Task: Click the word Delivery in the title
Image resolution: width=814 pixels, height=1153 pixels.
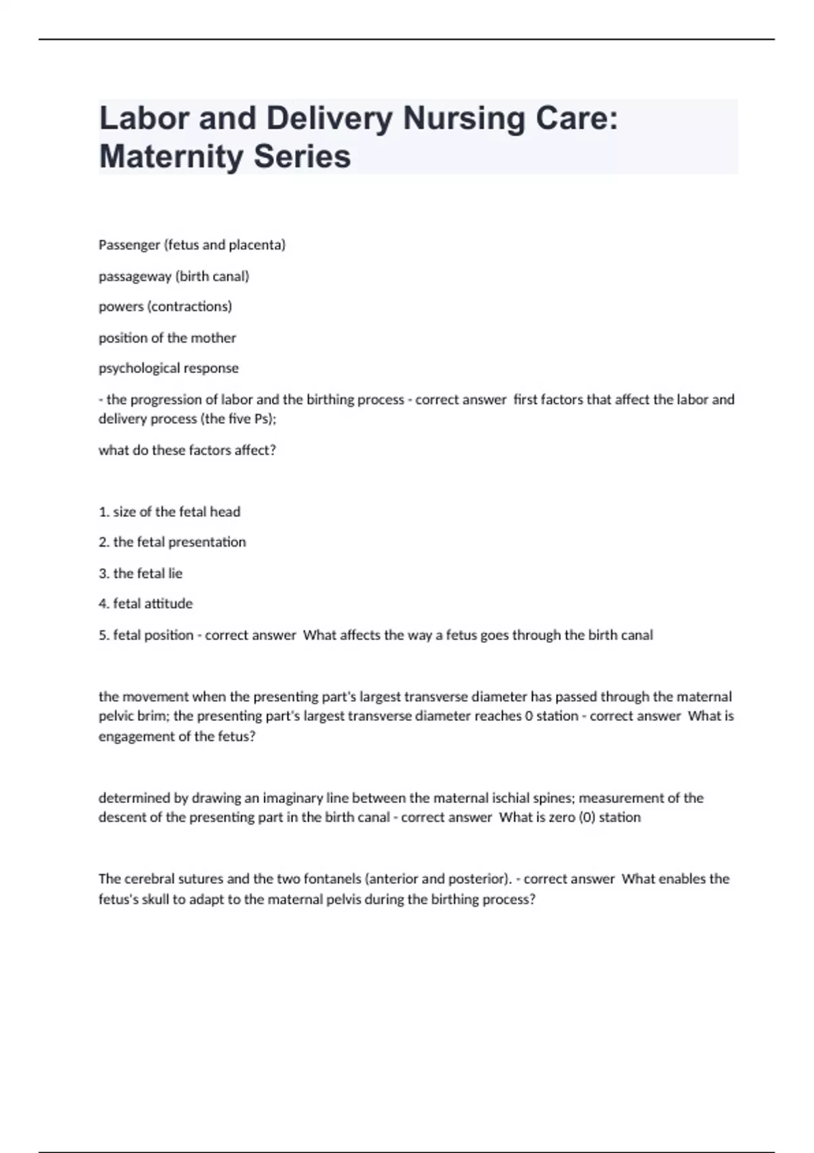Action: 329,119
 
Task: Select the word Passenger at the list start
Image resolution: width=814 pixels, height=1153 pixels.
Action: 129,245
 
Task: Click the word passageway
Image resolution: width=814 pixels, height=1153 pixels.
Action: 134,276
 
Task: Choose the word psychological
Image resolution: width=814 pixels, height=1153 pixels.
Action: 136,368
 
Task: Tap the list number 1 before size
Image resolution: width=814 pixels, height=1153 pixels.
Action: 103,512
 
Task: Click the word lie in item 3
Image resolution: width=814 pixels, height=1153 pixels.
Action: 175,573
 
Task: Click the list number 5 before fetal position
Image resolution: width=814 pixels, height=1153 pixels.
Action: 103,636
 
